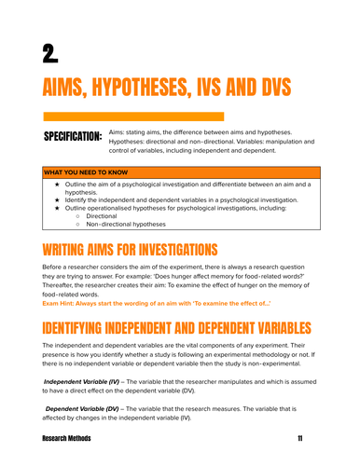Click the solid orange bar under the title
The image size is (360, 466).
[x=132, y=116]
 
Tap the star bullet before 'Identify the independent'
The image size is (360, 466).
[x=59, y=199]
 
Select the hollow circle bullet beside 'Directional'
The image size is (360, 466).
[x=78, y=215]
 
